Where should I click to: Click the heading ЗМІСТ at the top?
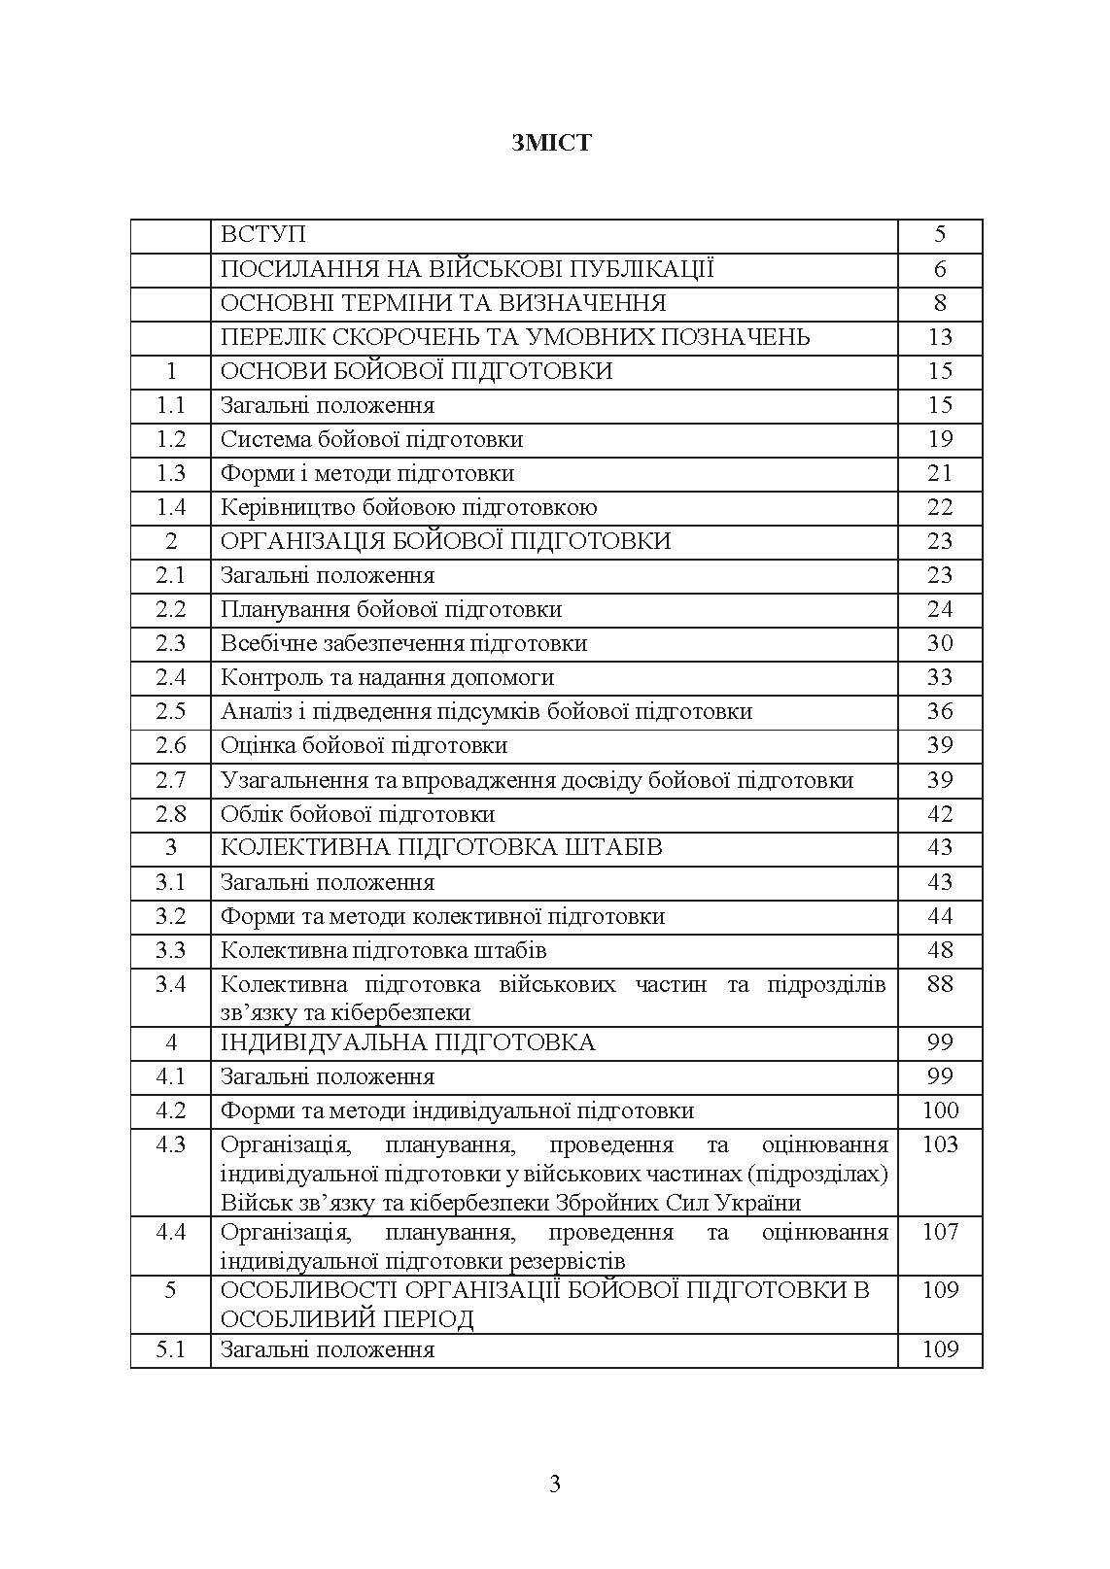pyautogui.click(x=551, y=143)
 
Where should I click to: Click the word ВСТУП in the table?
pyautogui.click(x=262, y=235)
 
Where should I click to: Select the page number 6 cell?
pyautogui.click(x=940, y=269)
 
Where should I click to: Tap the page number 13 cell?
pyautogui.click(x=940, y=337)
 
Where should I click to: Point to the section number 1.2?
pyautogui.click(x=171, y=439)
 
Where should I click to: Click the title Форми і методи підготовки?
pyautogui.click(x=367, y=473)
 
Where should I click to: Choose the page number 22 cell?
pyautogui.click(x=940, y=507)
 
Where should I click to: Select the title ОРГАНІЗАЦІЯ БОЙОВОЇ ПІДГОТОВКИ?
pyautogui.click(x=445, y=541)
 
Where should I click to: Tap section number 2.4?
pyautogui.click(x=171, y=677)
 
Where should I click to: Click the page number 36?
pyautogui.click(x=940, y=711)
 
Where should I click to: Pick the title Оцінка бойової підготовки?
pyautogui.click(x=364, y=745)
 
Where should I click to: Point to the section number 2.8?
pyautogui.click(x=171, y=814)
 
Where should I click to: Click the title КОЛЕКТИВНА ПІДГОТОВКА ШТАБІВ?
pyautogui.click(x=441, y=847)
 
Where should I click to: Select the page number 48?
pyautogui.click(x=940, y=950)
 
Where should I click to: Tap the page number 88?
pyautogui.click(x=940, y=984)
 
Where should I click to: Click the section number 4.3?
pyautogui.click(x=171, y=1144)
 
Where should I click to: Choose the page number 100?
pyautogui.click(x=940, y=1110)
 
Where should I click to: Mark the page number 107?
pyautogui.click(x=940, y=1232)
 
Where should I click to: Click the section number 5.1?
pyautogui.click(x=171, y=1349)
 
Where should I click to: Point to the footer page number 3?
pyautogui.click(x=555, y=1484)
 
